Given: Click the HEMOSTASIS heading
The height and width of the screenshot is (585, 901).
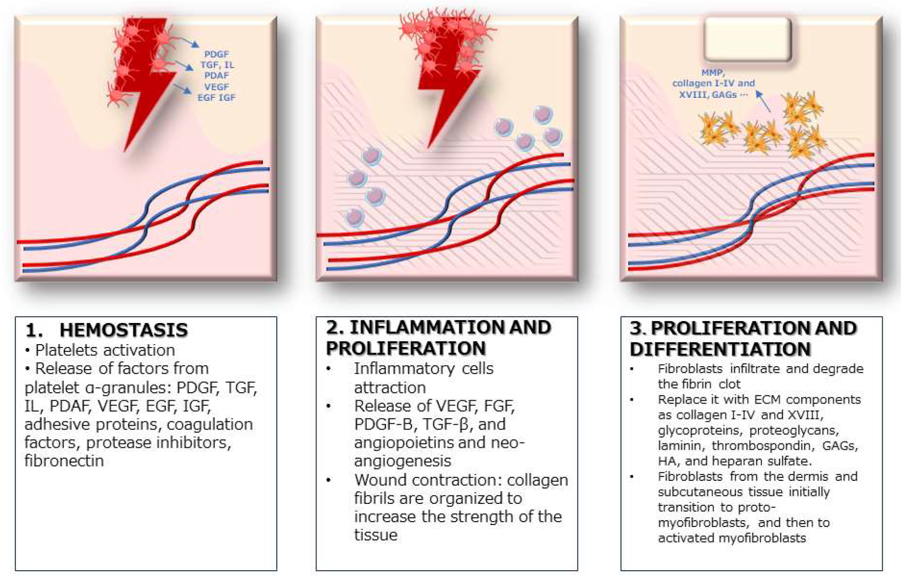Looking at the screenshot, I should point(123,330).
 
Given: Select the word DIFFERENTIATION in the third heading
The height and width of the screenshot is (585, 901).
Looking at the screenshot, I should point(720,349).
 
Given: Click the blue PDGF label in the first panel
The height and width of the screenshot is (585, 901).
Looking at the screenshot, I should point(216,54).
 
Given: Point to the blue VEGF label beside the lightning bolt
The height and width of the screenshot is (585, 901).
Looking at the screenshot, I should point(216,87).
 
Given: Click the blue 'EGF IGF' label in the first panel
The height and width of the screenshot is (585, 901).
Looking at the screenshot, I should point(216,97).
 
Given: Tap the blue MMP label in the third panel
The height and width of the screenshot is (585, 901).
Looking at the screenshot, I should point(713,72).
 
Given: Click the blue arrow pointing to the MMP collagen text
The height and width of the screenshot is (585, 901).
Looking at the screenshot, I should point(763,101).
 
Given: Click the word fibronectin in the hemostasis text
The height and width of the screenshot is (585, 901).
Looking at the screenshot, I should point(64,461).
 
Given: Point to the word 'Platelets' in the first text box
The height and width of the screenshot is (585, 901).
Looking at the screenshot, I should point(69,350).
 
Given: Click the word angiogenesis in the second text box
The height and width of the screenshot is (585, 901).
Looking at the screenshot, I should point(403,461).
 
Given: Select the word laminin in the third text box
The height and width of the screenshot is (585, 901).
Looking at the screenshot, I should point(678,446).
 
